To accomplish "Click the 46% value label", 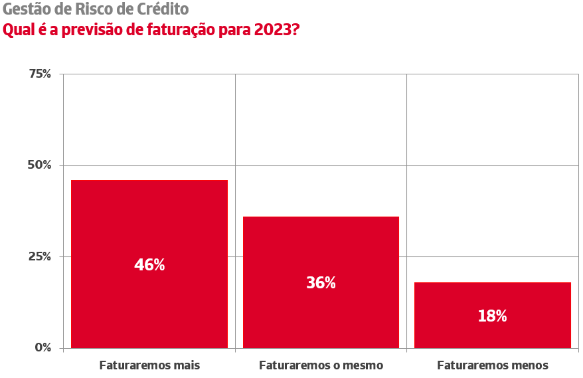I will click(x=149, y=264).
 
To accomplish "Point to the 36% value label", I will click(x=321, y=282).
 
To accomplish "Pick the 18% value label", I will click(x=492, y=316).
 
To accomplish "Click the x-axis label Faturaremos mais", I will click(x=149, y=365).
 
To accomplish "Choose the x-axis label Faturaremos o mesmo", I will click(x=321, y=365).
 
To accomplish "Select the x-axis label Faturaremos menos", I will click(x=493, y=365).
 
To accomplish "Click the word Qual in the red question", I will click(x=17, y=30).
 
